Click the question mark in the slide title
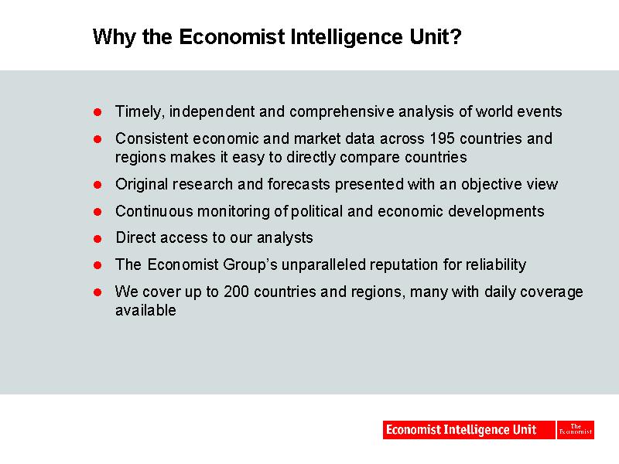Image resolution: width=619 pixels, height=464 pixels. coord(456,36)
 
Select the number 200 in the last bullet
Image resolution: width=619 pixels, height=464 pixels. coord(236,292)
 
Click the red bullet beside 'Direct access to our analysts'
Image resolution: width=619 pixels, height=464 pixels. coord(97,239)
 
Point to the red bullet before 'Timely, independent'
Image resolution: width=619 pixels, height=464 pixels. coord(97,112)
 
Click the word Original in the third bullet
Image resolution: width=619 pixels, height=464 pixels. coord(142,185)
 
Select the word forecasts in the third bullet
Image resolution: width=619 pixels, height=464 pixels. coord(299,184)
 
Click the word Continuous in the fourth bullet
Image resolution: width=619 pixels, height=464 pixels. coord(154,211)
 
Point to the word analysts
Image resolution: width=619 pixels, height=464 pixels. coord(285,238)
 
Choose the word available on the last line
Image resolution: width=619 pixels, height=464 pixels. coord(145,310)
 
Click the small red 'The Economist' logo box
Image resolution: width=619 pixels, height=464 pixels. coord(576,430)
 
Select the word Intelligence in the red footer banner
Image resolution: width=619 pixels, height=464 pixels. coord(476,430)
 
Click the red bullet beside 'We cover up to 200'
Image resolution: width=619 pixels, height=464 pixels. coord(97,292)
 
